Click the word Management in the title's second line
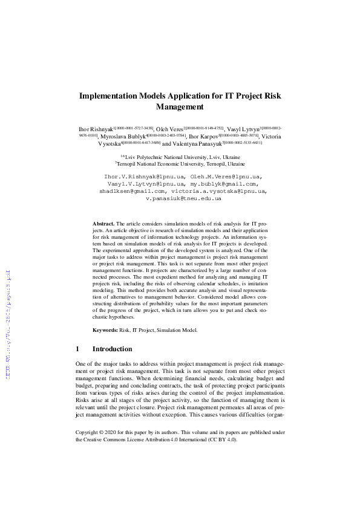coord(180,107)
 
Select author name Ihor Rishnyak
coord(97,129)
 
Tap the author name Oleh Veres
coord(169,129)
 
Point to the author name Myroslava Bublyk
coord(120,137)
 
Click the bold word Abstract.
coord(103,224)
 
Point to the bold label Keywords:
coord(105,330)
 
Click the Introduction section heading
coord(112,349)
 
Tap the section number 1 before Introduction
coord(77,349)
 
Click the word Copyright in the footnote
coord(88,433)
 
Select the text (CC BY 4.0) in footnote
coord(224,440)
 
